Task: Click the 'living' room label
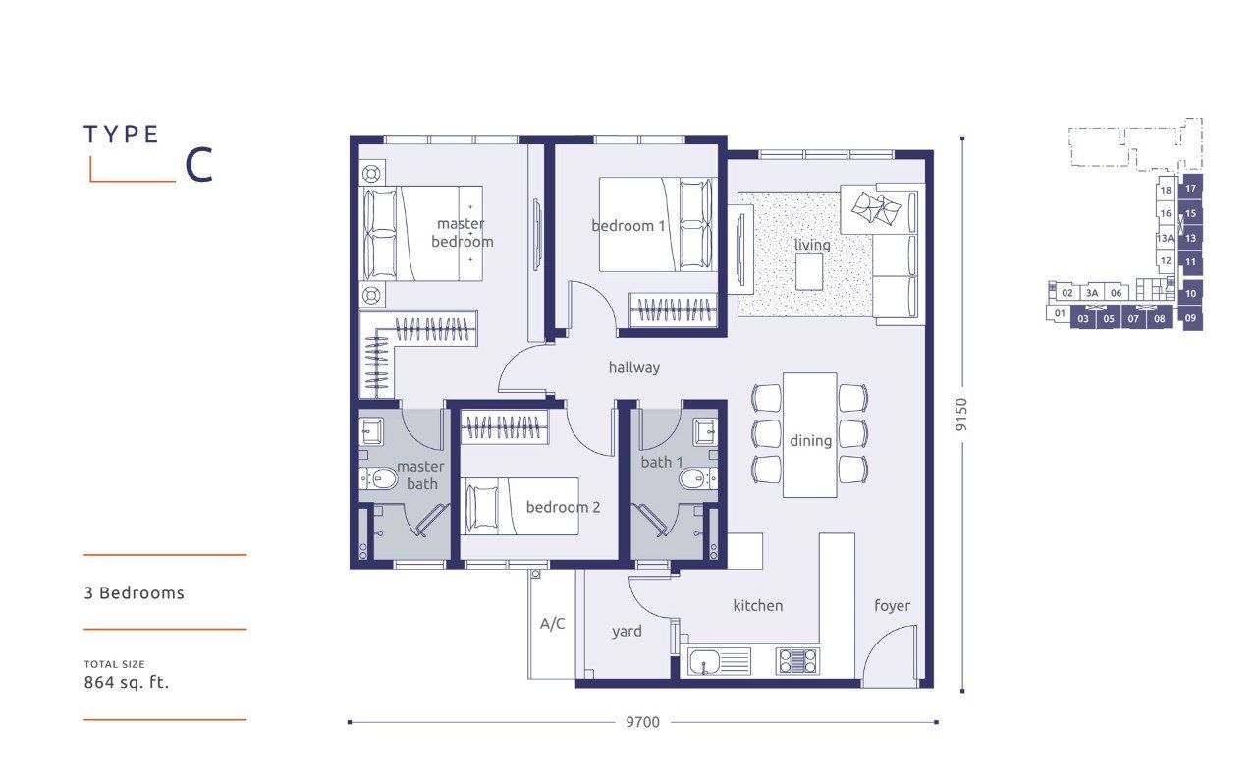point(812,245)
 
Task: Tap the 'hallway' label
point(634,367)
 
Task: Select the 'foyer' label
point(892,605)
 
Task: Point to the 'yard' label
point(627,632)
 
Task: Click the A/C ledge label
point(552,624)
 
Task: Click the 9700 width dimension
point(643,722)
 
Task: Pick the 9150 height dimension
point(961,415)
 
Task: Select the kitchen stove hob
point(797,661)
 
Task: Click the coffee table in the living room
point(809,272)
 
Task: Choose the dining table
point(810,434)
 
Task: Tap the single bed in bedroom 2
point(519,507)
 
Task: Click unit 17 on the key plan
point(1190,189)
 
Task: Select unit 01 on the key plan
point(1060,313)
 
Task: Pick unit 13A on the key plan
point(1166,238)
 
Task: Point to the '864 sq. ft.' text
point(127,683)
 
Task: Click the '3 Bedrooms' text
point(135,593)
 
